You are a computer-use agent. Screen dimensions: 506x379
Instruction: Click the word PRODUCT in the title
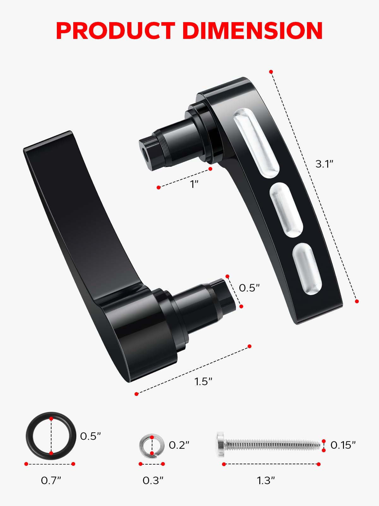click(x=115, y=31)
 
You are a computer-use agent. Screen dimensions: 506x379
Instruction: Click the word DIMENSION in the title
click(x=252, y=31)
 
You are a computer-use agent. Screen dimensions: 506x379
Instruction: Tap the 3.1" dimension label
click(x=324, y=164)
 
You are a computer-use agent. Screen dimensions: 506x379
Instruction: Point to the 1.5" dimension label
click(x=203, y=381)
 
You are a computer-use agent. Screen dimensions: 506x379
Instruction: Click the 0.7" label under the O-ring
click(x=51, y=480)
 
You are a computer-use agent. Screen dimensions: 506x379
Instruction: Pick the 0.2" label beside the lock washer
click(x=179, y=445)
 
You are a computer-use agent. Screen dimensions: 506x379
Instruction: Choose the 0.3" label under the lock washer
click(x=153, y=480)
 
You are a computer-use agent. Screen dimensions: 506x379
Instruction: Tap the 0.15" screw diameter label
click(x=343, y=445)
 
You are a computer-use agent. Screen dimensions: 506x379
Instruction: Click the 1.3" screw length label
click(x=266, y=480)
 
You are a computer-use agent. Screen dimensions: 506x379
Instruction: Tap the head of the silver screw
click(x=220, y=444)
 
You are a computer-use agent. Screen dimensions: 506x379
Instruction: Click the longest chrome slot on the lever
click(x=256, y=142)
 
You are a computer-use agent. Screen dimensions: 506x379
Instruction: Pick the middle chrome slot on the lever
click(x=286, y=210)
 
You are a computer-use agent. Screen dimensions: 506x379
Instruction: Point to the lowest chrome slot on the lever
click(x=307, y=269)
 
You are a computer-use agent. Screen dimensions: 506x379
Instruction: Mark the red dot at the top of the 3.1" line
click(x=271, y=72)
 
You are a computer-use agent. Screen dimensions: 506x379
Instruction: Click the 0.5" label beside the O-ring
click(x=90, y=436)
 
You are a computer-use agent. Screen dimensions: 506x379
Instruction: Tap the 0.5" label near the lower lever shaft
click(x=249, y=288)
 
